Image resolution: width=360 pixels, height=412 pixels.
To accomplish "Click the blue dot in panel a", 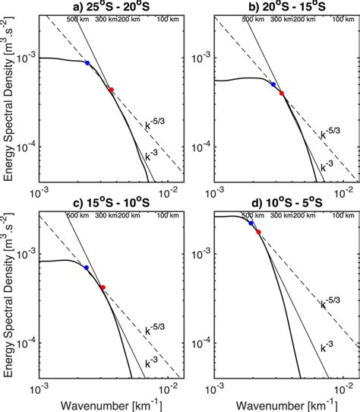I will [87, 63].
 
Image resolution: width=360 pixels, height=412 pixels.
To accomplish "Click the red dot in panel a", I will [112, 90].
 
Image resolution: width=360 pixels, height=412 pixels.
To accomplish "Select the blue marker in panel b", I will [273, 84].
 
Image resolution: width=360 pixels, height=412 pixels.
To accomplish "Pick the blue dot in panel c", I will [87, 268].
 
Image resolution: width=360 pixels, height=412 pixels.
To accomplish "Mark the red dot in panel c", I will [103, 287].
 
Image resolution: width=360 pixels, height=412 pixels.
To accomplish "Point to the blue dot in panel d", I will [251, 223].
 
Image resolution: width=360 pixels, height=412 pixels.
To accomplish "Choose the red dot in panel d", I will [258, 232].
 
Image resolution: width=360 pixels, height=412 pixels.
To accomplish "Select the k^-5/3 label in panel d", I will [328, 304].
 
